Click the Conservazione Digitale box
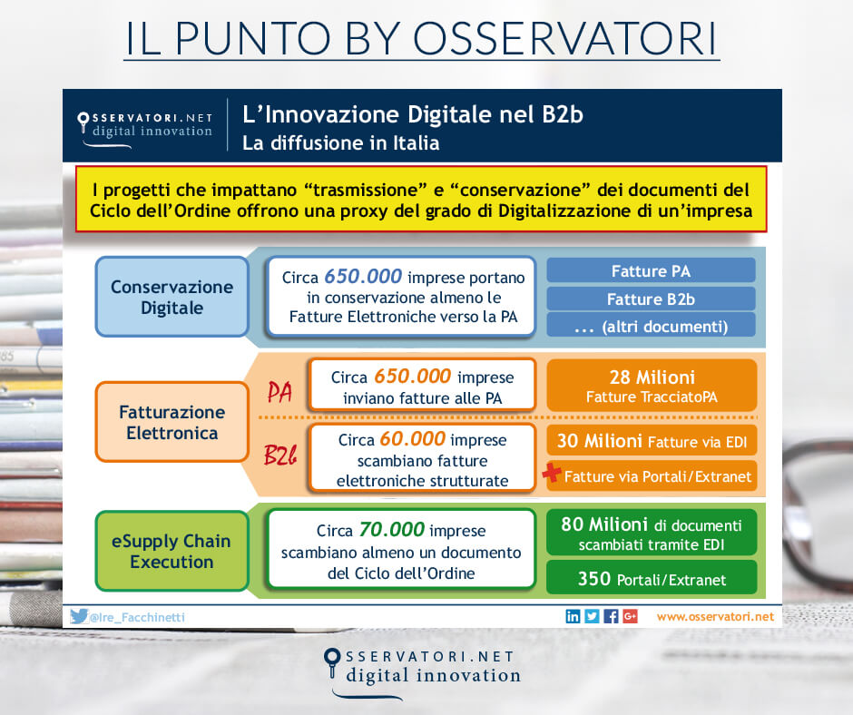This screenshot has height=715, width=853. (172, 297)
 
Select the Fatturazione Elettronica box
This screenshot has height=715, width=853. (172, 422)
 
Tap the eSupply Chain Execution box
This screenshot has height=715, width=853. (172, 551)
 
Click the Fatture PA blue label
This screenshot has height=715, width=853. (651, 270)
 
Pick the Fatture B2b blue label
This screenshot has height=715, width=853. (651, 299)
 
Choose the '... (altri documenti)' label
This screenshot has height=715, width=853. (651, 326)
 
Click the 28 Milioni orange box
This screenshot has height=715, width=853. (652, 385)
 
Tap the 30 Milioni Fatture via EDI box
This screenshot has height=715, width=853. (652, 442)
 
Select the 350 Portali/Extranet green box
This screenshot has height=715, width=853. (652, 578)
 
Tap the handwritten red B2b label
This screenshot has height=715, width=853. (282, 455)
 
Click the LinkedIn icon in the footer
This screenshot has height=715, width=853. (573, 616)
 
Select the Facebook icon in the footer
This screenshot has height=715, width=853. (612, 616)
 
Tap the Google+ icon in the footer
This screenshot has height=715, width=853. (631, 616)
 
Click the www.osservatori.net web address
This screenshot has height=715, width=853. (715, 616)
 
